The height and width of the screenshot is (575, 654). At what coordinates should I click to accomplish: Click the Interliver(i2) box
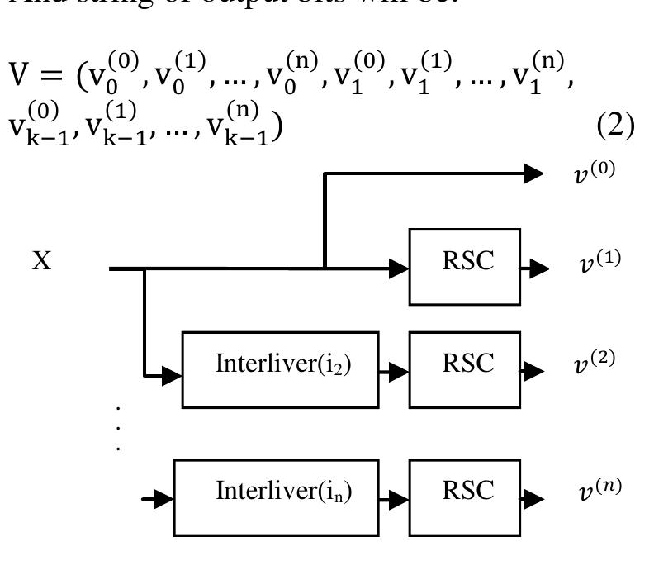tap(281, 369)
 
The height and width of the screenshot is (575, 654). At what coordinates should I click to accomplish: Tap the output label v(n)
tap(598, 490)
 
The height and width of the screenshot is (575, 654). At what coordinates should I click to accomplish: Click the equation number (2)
tap(613, 126)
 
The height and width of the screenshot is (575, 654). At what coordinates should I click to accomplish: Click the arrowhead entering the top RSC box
tap(400, 268)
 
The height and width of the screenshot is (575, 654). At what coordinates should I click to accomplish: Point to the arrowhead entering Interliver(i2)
tap(172, 376)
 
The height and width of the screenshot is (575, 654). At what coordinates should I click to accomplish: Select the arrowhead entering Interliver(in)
tap(163, 499)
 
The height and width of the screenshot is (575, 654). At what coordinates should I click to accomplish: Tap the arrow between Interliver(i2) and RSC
tap(394, 371)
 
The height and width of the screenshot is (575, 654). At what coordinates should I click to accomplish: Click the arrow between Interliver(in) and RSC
tap(394, 499)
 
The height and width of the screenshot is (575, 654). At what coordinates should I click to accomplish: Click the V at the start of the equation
tap(21, 76)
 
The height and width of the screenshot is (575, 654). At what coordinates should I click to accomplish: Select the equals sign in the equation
tap(53, 77)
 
